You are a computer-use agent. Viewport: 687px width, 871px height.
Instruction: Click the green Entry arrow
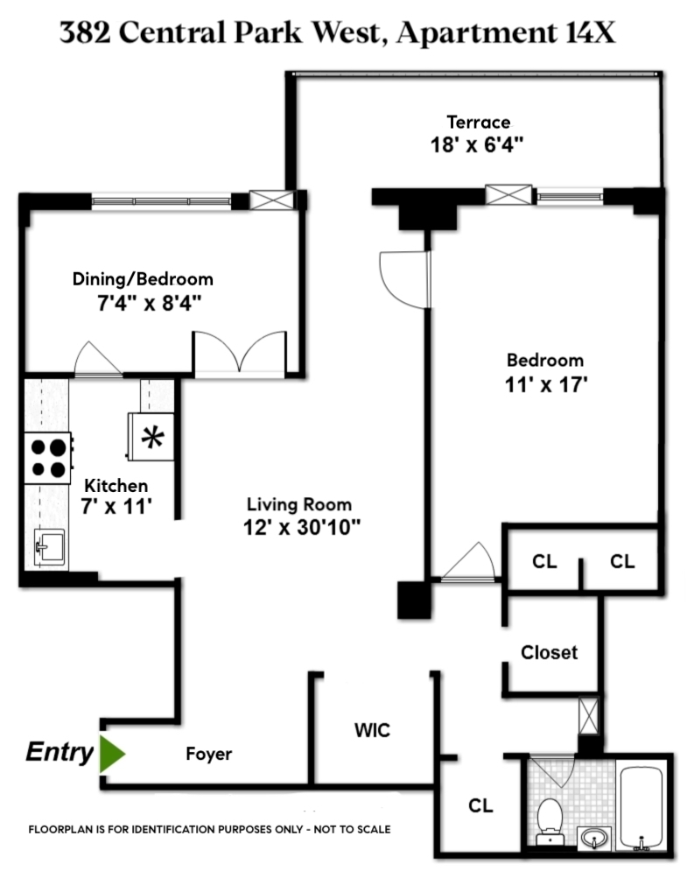(x=111, y=754)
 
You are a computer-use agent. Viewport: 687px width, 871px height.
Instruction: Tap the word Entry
(x=59, y=753)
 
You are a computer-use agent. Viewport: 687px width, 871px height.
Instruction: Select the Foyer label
(x=208, y=754)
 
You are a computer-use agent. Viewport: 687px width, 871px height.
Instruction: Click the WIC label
(x=372, y=730)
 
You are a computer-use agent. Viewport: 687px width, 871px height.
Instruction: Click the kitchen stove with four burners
(x=48, y=457)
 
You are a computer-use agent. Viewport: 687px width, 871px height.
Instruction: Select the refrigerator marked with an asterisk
(x=152, y=436)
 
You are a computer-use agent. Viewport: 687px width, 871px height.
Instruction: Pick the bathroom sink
(x=597, y=837)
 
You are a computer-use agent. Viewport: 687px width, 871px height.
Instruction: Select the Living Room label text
(x=299, y=505)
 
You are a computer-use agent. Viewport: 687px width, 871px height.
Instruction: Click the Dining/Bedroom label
(x=142, y=280)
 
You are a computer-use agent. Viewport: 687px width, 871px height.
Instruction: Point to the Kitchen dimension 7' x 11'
(x=116, y=506)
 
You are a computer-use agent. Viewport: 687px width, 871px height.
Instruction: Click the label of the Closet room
(x=549, y=652)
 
